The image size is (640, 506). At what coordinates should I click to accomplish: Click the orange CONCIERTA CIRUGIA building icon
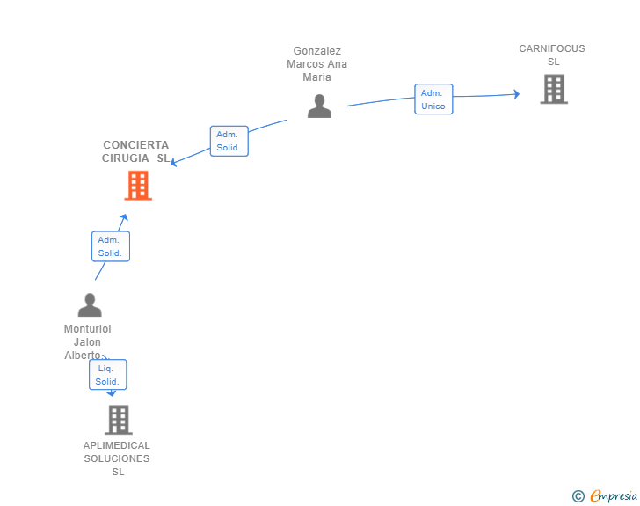pos(138,186)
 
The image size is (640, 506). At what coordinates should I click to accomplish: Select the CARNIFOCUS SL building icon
pos(554,89)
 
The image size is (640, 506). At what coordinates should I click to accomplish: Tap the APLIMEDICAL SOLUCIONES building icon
pos(119,420)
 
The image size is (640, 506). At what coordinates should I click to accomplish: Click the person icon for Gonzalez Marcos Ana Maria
pos(319,106)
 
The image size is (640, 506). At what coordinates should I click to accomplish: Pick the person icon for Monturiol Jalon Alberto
pos(90,304)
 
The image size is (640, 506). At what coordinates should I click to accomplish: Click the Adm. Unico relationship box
pos(433,99)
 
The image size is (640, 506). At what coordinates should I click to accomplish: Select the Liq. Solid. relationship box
pos(108,375)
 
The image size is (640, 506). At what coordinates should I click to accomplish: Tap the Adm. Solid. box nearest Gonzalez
pos(229,141)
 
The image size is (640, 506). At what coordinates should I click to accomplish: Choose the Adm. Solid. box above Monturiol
pos(111,246)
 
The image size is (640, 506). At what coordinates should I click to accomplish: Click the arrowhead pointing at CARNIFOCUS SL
pos(517,94)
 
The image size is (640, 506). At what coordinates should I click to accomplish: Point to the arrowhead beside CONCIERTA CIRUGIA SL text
pos(173,162)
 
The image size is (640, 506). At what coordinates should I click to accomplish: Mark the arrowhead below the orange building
pos(124,217)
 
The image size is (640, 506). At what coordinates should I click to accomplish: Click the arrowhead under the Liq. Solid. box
pos(112,393)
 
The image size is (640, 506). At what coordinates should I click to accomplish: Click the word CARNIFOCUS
pos(552,48)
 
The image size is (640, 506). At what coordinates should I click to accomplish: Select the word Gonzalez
pos(317,51)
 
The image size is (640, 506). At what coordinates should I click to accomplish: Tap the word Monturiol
pos(87,329)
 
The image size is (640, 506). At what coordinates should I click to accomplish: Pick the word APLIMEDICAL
pos(117,445)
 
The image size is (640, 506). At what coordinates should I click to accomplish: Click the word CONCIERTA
pos(136,145)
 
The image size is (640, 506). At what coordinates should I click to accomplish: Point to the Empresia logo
pos(614,496)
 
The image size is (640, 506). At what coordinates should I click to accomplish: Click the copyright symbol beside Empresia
pos(578,496)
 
